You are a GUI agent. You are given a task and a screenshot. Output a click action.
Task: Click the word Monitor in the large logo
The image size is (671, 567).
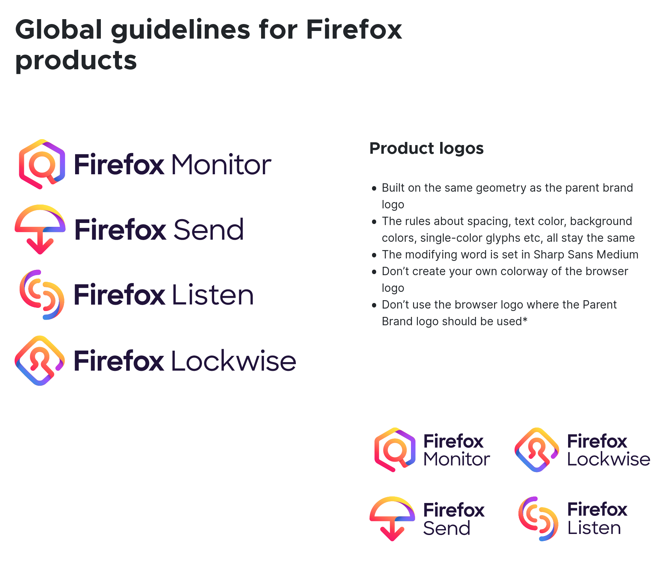[221, 165]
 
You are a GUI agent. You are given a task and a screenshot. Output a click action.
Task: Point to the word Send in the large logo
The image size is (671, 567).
[209, 230]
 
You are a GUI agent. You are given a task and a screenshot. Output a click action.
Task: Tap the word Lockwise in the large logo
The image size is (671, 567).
[234, 361]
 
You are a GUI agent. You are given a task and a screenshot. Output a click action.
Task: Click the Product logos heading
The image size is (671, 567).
[426, 149]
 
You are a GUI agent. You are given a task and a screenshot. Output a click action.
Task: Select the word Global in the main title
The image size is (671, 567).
[59, 30]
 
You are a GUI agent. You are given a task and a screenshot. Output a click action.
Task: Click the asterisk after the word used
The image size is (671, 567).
[525, 319]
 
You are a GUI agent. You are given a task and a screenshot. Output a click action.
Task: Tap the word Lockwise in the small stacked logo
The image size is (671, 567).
[609, 460]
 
